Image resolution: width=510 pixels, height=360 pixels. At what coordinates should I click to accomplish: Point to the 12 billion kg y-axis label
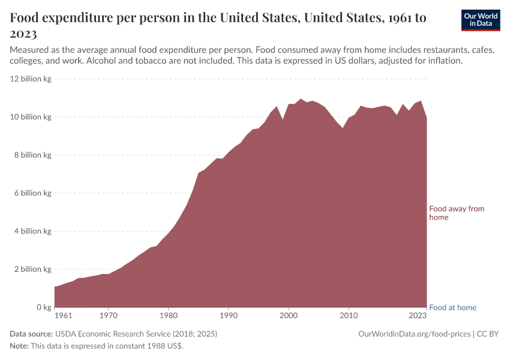pos(31,79)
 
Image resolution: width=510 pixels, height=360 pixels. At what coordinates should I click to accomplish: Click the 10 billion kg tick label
pos(31,117)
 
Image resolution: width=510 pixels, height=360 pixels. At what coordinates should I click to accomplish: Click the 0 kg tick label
pos(43,307)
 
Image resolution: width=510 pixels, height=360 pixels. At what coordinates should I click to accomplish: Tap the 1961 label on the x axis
pos(64,315)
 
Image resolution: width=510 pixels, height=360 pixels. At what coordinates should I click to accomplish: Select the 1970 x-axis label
pos(108,315)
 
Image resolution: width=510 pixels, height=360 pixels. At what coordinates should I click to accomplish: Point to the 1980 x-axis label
pos(169,315)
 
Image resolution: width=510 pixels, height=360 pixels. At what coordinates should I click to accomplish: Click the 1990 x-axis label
pos(229,315)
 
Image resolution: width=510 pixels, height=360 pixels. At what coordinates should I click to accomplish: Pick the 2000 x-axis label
pos(289,315)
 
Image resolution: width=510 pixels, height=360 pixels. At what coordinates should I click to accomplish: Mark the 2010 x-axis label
pos(349,315)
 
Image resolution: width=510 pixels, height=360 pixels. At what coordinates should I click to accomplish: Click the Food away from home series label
pos(456,213)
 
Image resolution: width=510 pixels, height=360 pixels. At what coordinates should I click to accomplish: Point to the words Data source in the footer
pos(31,334)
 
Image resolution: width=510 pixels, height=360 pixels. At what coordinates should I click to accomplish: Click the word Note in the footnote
pos(19,346)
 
